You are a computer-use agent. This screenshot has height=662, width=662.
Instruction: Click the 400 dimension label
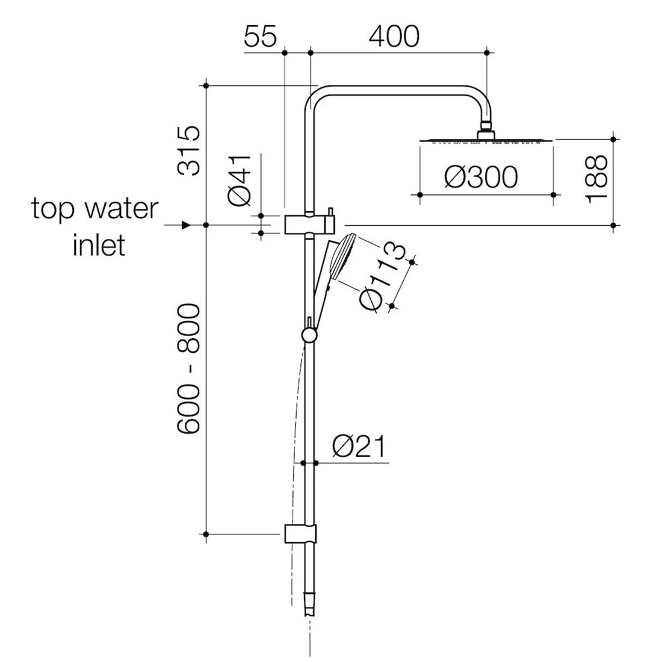[394, 37]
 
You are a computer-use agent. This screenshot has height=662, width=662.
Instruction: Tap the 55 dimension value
[260, 37]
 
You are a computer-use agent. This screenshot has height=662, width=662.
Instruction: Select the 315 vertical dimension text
[191, 150]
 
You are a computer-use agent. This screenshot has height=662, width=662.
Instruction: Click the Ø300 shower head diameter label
[481, 178]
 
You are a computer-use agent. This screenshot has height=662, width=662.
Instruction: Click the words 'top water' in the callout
[95, 209]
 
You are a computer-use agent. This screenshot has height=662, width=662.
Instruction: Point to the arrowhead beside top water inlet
[186, 225]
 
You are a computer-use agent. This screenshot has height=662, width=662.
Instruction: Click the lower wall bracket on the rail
[299, 533]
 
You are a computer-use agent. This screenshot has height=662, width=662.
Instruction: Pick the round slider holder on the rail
[309, 335]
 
